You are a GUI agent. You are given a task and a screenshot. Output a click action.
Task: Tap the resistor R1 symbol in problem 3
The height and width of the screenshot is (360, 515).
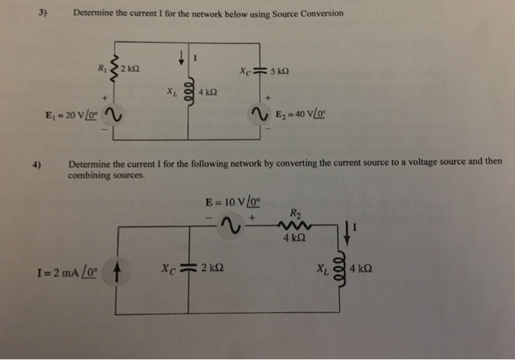[x=113, y=69]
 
